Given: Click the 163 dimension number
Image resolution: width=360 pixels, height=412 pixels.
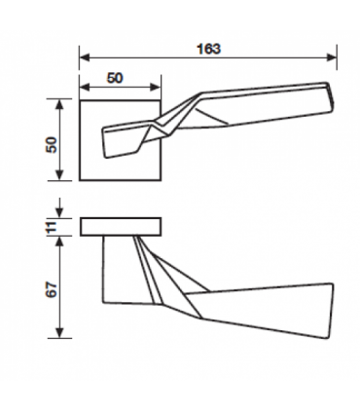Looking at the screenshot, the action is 209,49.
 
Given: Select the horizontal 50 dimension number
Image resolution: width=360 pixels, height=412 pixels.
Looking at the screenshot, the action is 115,78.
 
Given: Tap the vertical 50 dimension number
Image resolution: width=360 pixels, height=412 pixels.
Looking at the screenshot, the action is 52,145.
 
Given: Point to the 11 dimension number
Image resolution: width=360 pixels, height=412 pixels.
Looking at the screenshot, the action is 52,227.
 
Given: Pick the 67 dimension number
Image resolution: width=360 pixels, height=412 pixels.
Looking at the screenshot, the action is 52,290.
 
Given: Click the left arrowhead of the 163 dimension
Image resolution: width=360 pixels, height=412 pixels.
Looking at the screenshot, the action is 85,57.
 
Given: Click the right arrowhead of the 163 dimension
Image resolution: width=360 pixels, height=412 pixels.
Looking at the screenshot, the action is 332,57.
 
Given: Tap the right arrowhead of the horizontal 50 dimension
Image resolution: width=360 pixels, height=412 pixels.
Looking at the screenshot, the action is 156,87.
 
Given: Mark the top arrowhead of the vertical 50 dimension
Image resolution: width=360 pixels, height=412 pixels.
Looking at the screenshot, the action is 59,104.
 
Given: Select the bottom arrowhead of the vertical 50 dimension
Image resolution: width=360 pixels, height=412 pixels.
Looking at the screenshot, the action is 59,175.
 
